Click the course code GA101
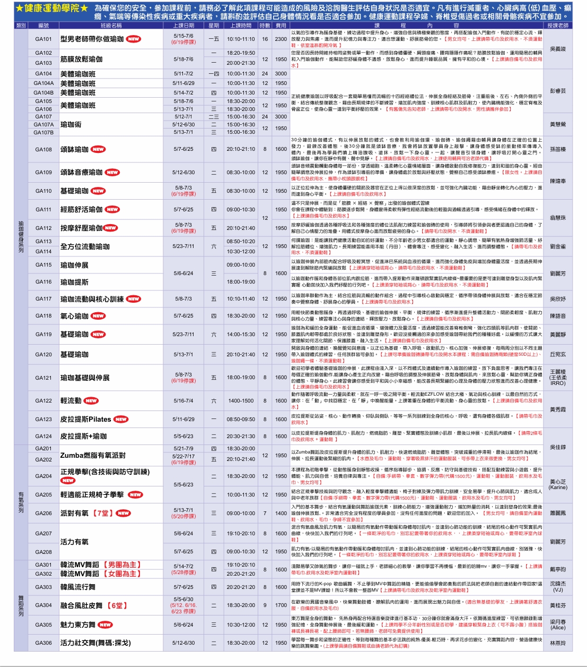click(43, 39)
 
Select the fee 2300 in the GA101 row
click(281, 39)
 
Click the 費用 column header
click(281, 25)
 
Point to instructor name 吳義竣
click(558, 49)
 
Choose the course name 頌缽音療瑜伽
click(82, 173)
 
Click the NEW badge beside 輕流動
click(91, 401)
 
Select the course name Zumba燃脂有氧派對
click(93, 455)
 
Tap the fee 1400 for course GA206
click(281, 514)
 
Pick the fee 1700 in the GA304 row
click(281, 605)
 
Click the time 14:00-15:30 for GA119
click(241, 335)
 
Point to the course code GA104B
click(43, 92)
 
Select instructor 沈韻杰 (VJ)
click(558, 587)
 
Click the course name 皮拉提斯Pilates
click(86, 420)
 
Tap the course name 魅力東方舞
click(78, 625)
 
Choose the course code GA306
click(43, 643)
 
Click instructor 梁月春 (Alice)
click(558, 625)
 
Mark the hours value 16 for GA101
click(265, 39)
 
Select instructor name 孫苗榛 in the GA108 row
click(558, 150)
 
